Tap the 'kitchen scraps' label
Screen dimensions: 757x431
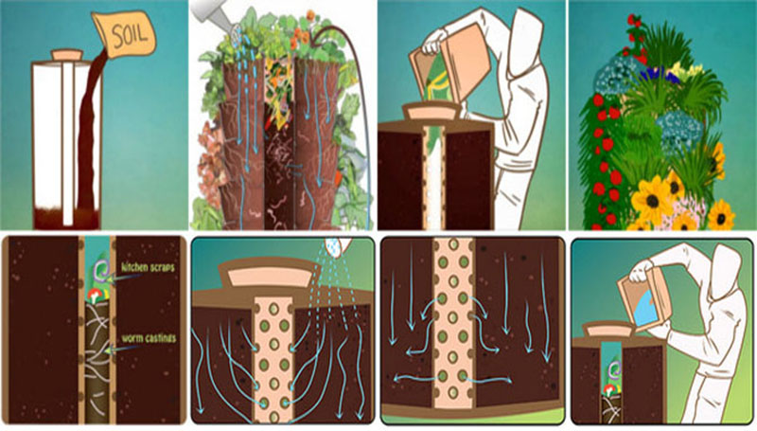tap(148, 267)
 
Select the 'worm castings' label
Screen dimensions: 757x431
tap(149, 338)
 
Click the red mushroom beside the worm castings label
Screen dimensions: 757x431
tap(94, 296)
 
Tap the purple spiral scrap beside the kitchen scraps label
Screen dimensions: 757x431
tap(103, 269)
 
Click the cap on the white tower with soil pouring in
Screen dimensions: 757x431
tap(67, 54)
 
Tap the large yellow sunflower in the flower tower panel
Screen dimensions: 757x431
tap(651, 200)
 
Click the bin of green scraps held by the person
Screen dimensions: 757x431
tap(448, 67)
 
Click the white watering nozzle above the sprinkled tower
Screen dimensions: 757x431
tap(337, 244)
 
